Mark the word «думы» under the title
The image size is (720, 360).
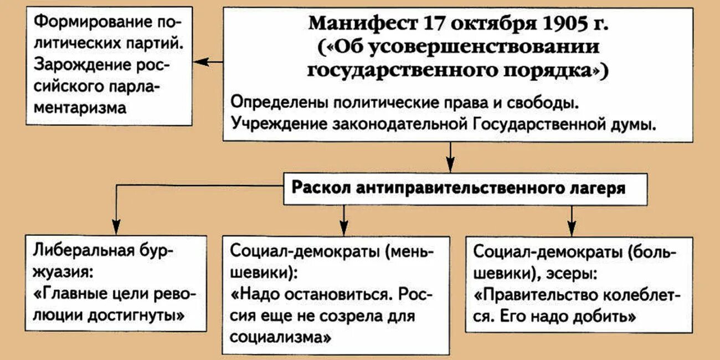635,125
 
